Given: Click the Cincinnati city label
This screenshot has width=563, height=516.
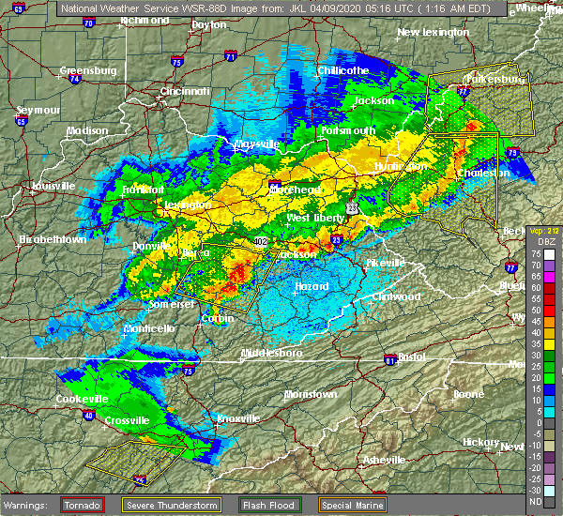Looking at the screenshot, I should coord(184,91).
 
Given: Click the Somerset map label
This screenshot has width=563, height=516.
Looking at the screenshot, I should coord(170,305).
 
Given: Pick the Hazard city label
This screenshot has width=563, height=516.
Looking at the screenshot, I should coord(312,286).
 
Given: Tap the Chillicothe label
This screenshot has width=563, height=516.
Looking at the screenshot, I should coord(342,70).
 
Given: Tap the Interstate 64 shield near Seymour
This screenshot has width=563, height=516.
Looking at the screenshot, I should coord(21,120).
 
